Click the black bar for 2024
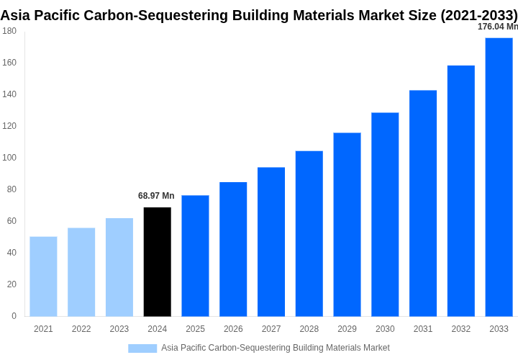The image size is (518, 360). (x=158, y=262)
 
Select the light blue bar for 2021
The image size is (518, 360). (x=43, y=276)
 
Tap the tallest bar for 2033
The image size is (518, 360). (x=499, y=177)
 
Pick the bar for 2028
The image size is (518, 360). (x=309, y=233)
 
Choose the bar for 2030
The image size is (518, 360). (x=385, y=215)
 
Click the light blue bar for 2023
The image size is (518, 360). (x=119, y=267)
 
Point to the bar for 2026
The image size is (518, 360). (x=233, y=249)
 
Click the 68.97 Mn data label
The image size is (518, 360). (x=156, y=196)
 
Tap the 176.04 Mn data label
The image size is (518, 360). (x=497, y=27)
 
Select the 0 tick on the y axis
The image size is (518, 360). (x=14, y=316)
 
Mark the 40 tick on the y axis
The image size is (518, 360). (x=12, y=253)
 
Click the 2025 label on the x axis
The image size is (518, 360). (x=195, y=329)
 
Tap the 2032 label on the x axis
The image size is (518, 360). (x=460, y=329)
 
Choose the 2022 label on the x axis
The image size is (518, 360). (x=81, y=329)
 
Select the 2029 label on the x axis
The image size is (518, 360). (x=347, y=329)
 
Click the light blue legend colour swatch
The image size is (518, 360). (x=142, y=348)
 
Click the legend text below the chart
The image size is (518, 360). (x=276, y=348)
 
